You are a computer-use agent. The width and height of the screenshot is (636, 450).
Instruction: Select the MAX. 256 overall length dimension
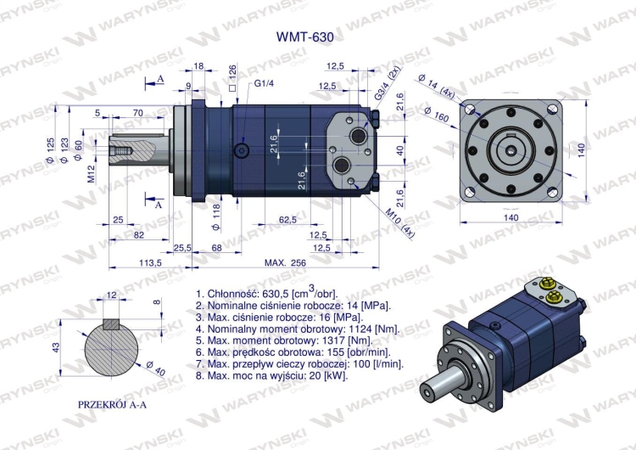pos(285,263)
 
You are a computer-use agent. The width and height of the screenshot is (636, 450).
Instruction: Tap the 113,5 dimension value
pos(149,263)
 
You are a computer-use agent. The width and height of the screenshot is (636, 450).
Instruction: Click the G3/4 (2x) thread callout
pos(393,82)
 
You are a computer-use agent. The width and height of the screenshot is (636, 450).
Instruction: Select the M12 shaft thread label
pos(91,175)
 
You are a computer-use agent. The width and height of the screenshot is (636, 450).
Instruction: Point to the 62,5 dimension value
pos(287,220)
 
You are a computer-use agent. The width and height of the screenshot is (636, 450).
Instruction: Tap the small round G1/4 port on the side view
pos(244,150)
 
